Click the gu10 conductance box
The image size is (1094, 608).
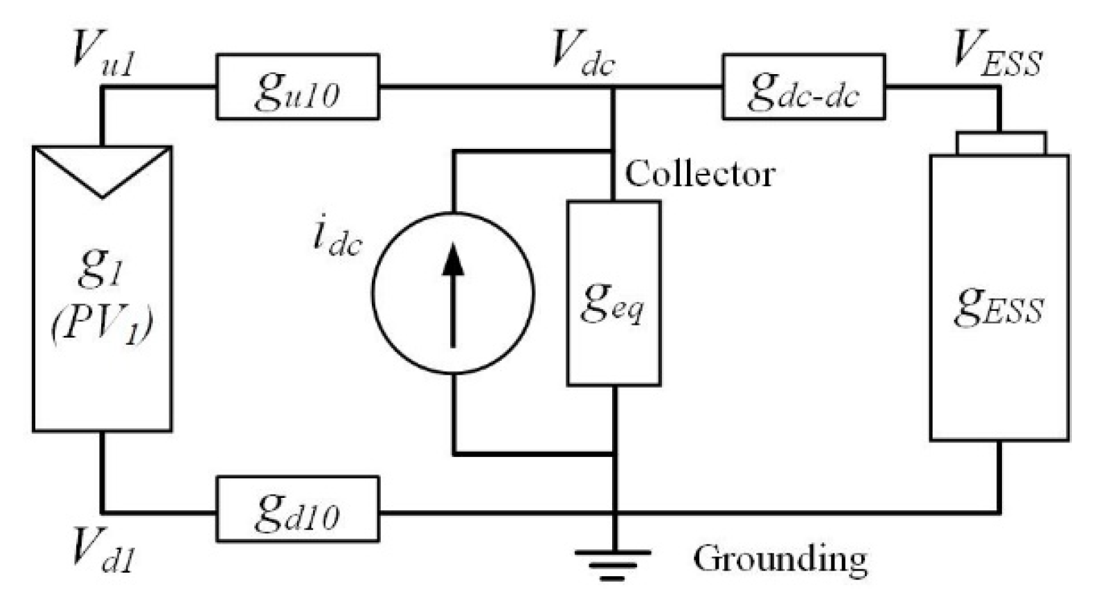[x=298, y=87]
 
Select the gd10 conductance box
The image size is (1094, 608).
[x=298, y=510]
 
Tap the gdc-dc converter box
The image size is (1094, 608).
[x=803, y=87]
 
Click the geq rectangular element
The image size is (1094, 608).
[x=613, y=294]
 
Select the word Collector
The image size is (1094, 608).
[x=699, y=174]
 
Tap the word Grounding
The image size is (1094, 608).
[x=780, y=558]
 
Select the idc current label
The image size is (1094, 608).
[x=337, y=240]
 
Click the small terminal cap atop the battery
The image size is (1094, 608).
[x=1001, y=143]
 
